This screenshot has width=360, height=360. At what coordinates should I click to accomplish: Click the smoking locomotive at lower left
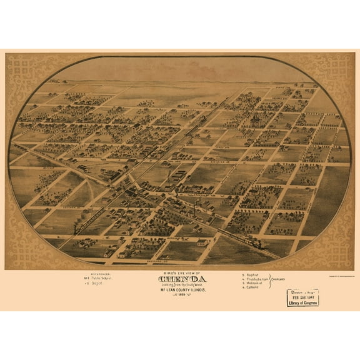pos(77,229)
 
